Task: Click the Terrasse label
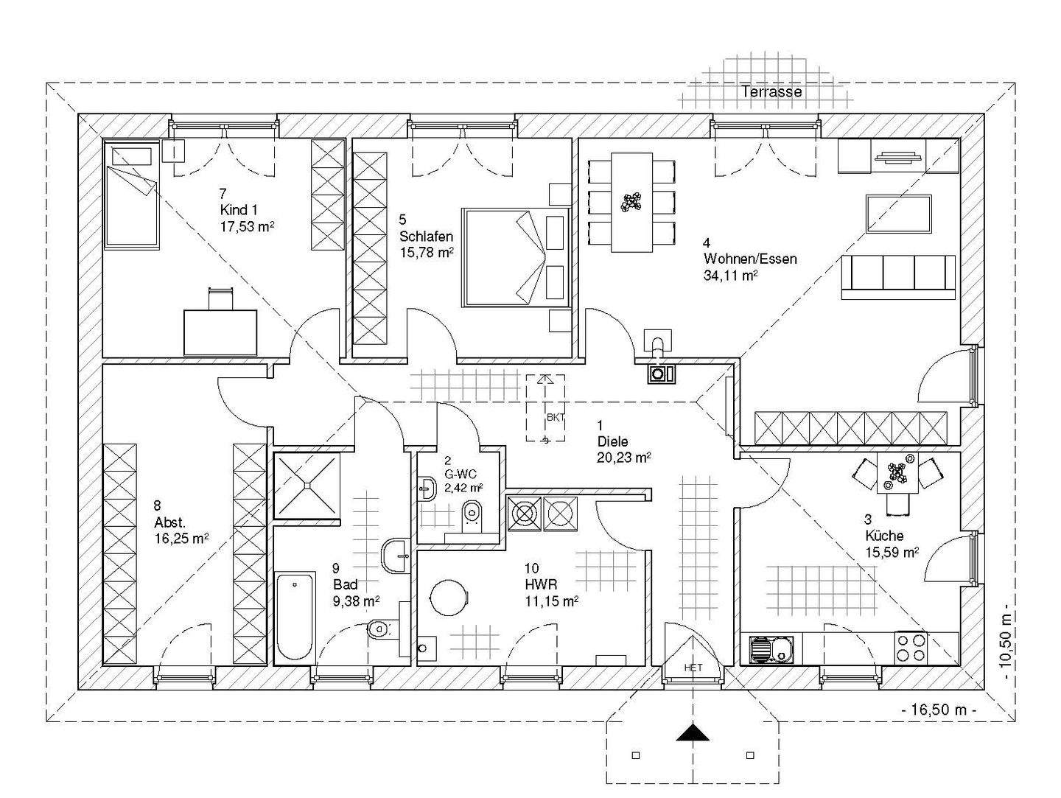[x=772, y=91]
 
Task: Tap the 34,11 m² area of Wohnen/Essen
[x=730, y=276]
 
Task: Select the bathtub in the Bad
[x=295, y=616]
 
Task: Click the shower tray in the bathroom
[x=307, y=486]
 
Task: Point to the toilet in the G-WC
[x=472, y=516]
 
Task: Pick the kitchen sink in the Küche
[x=771, y=648]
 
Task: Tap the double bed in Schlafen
[x=516, y=257]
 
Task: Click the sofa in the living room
[x=898, y=278]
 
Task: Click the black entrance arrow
[x=693, y=732]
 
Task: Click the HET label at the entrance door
[x=693, y=668]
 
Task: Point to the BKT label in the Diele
[x=556, y=418]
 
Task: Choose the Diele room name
[x=612, y=441]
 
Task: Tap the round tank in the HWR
[x=449, y=598]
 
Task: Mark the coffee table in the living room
[x=899, y=214]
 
